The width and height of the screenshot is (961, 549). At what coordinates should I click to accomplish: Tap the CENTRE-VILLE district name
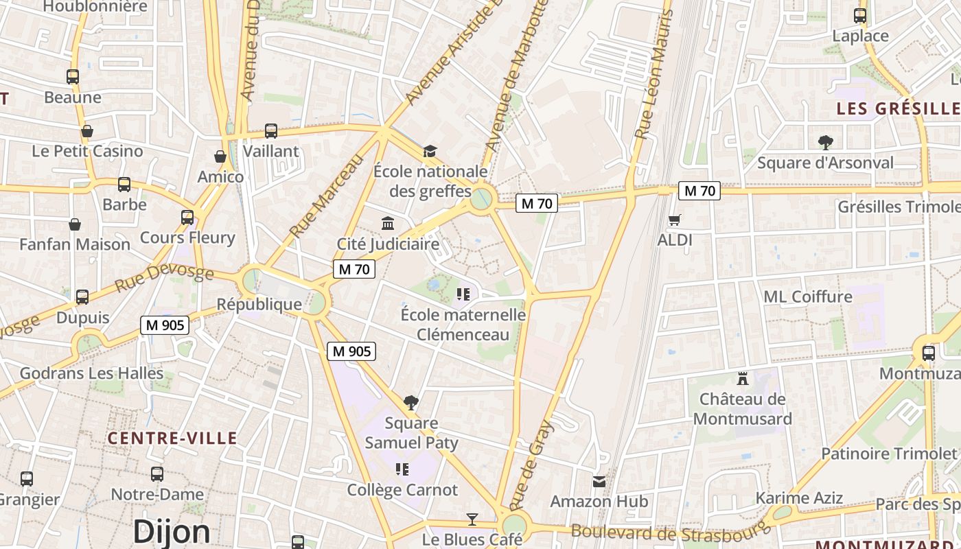coord(172,438)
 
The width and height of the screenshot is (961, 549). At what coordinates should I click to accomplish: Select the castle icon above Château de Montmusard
coord(742,377)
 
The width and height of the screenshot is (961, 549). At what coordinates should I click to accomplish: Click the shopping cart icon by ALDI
coord(675,220)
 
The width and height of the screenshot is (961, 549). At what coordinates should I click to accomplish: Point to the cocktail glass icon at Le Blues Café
coord(472,519)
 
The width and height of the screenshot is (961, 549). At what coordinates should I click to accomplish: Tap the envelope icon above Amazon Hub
coord(599,481)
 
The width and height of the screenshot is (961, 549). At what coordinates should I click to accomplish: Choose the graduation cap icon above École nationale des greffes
coord(430,151)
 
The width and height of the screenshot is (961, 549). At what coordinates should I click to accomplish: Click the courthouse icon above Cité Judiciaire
coord(388,224)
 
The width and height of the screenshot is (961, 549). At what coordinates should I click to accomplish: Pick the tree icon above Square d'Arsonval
coord(825,143)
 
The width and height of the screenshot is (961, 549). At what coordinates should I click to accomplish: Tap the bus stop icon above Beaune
coord(73,77)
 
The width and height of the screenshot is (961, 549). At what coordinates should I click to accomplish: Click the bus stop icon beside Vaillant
coord(271,131)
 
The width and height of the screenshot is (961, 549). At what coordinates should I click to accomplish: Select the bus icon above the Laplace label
coord(860,16)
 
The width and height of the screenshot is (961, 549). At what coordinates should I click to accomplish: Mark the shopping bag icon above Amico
coord(220,157)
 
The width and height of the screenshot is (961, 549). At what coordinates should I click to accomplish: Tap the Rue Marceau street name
coord(326,196)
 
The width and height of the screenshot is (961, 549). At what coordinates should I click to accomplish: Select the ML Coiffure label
coord(808,296)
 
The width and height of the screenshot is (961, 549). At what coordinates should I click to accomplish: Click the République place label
coord(259,304)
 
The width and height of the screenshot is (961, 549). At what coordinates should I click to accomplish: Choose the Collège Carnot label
coord(402,490)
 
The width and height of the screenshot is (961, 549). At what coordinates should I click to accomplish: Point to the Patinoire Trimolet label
coord(889,454)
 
